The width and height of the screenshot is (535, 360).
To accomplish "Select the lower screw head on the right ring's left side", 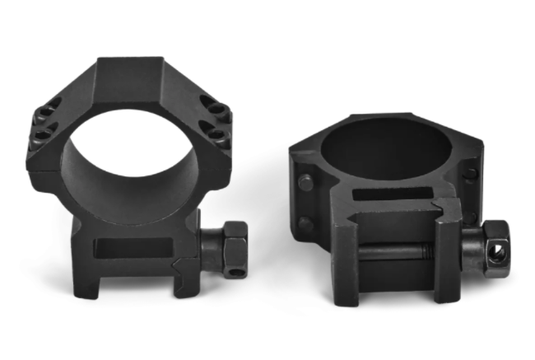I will (x=306, y=223).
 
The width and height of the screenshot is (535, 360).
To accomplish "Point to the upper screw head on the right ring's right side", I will (x=470, y=174).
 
